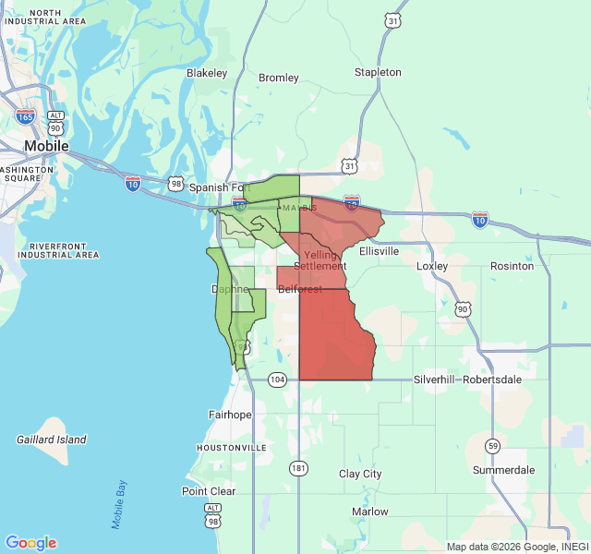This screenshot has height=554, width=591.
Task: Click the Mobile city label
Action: (x=46, y=146)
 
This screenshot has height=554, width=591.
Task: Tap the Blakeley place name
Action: (x=207, y=73)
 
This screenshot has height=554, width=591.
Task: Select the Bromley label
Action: (x=278, y=78)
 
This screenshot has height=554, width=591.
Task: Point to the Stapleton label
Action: (x=378, y=72)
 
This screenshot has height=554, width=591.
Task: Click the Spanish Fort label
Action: (x=220, y=187)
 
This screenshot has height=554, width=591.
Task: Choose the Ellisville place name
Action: (x=379, y=250)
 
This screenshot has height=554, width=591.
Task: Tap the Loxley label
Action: (x=432, y=266)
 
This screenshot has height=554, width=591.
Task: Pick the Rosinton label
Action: (x=512, y=266)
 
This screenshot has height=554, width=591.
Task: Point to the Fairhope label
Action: (x=230, y=415)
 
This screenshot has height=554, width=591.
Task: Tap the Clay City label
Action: (x=360, y=474)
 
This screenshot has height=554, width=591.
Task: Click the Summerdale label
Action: (x=503, y=470)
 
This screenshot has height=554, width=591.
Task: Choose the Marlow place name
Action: (x=370, y=511)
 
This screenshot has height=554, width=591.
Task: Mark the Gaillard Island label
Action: (x=52, y=440)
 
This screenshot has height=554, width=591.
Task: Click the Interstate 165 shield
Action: (x=26, y=117)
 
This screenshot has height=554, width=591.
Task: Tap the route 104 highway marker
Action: (x=278, y=379)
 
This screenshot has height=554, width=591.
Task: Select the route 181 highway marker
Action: (x=298, y=468)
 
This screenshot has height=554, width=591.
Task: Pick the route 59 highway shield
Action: (x=493, y=447)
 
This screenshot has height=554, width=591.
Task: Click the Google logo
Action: (x=31, y=543)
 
